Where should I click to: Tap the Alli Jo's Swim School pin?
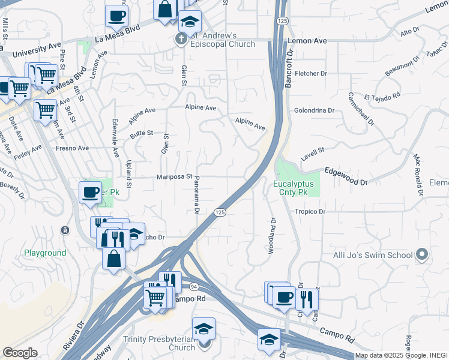(422, 255)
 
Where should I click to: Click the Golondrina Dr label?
(314, 110)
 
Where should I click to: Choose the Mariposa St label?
(174, 177)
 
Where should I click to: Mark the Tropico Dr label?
(310, 212)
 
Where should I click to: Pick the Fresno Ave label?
(72, 148)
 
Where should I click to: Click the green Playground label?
(45, 253)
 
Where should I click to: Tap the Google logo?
(20, 353)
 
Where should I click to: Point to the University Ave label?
(32, 45)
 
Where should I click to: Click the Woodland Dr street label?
(272, 235)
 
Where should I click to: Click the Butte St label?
(142, 133)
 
